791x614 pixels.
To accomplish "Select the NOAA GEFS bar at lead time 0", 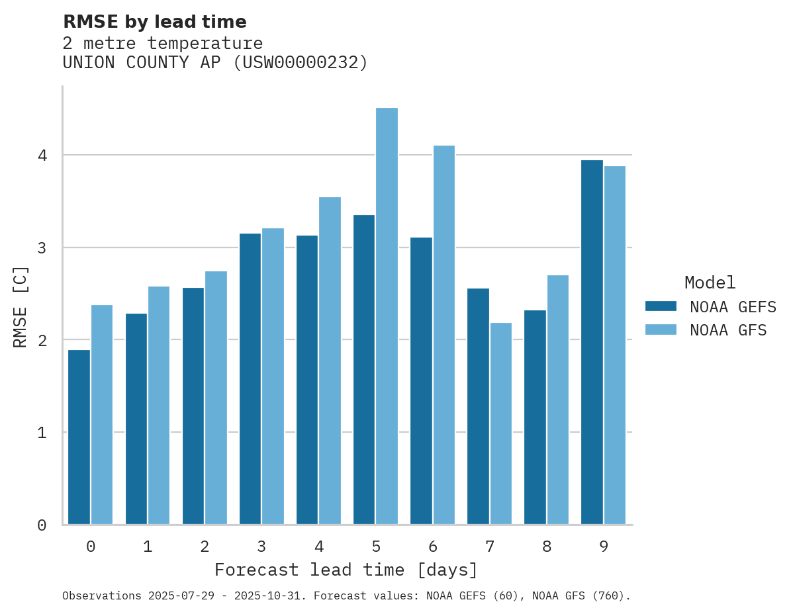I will [x=79, y=437].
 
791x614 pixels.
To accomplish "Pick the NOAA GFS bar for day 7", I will [x=501, y=423].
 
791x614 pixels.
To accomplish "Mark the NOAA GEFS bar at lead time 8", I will [x=535, y=417].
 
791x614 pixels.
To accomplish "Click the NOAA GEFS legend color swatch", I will [x=661, y=306].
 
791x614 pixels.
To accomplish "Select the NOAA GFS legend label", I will [x=728, y=330].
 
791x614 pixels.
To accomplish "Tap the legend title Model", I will [x=710, y=283].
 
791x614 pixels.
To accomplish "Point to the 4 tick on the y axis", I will [x=42, y=155].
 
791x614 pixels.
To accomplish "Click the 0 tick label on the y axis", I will [x=42, y=525].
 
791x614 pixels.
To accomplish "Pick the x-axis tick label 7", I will [x=490, y=547].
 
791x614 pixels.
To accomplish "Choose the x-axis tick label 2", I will [x=205, y=547].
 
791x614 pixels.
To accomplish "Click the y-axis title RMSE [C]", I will [x=21, y=306].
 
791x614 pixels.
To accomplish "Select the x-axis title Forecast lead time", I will [x=346, y=570].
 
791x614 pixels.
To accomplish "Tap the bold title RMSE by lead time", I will [x=154, y=22].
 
